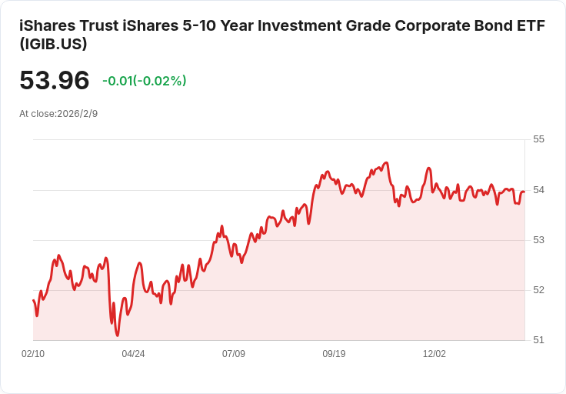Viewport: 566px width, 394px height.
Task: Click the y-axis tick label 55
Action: pos(538,139)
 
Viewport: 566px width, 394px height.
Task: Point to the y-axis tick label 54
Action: pos(538,189)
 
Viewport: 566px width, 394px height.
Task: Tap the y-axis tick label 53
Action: pos(538,240)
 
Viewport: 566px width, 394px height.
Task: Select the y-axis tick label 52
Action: pos(538,290)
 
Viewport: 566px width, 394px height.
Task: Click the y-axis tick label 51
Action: pos(538,340)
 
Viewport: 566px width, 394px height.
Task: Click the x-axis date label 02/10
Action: pos(33,354)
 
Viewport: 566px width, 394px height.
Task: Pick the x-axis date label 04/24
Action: pos(133,354)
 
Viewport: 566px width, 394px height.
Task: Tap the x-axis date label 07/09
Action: pos(234,354)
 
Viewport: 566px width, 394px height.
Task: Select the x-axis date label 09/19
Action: pos(334,354)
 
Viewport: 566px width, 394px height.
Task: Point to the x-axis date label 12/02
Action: pos(434,354)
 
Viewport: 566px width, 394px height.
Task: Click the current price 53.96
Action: pos(54,81)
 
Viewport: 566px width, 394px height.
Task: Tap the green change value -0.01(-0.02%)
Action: pos(145,81)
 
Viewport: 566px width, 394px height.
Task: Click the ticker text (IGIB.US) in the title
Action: pos(53,45)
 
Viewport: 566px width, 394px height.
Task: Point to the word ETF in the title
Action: pos(531,25)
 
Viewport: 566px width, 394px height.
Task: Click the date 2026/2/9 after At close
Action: pos(77,114)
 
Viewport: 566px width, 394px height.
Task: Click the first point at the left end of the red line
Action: pos(33,300)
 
